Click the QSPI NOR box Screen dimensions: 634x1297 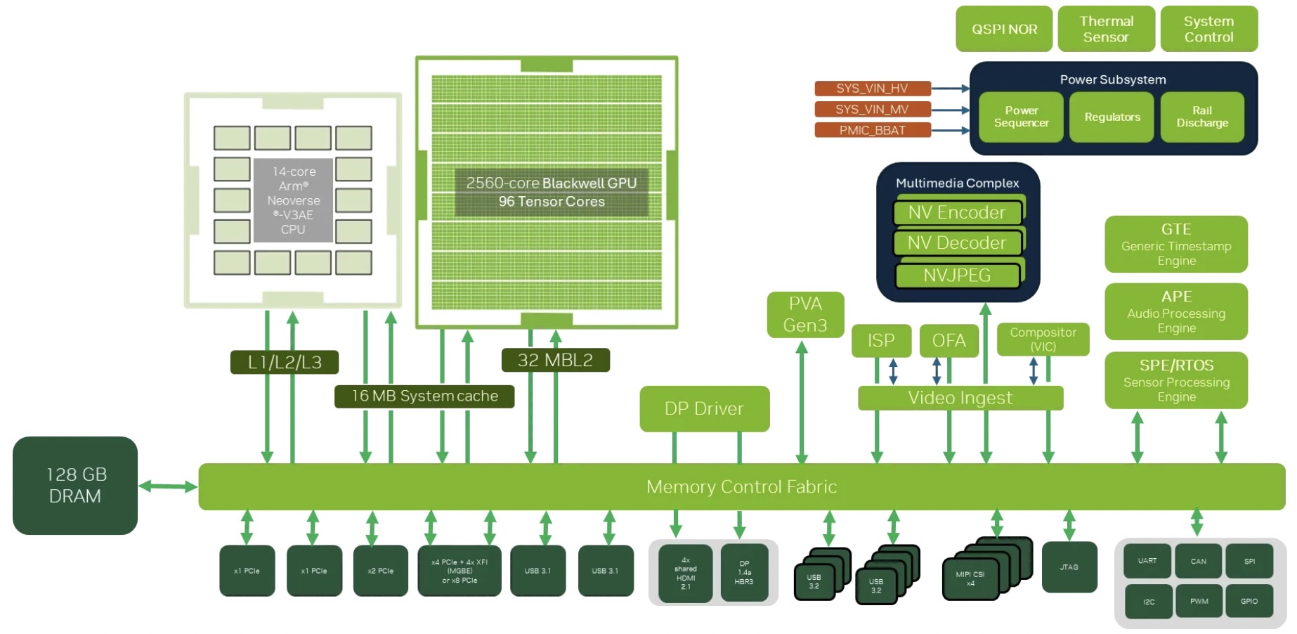(x=1003, y=29)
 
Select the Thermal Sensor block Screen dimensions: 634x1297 (x=1106, y=29)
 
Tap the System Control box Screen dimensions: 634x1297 (x=1208, y=29)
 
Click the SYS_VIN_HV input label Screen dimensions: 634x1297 (x=872, y=89)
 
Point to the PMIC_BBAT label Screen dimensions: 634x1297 (x=872, y=131)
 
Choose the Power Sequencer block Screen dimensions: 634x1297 (x=1021, y=117)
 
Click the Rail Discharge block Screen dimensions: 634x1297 (x=1202, y=117)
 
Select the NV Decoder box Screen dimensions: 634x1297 (x=956, y=243)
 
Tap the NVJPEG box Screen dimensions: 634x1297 (x=956, y=276)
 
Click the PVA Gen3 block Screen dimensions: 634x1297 (x=805, y=314)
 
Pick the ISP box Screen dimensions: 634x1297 (x=881, y=341)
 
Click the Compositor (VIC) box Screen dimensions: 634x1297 (x=1043, y=339)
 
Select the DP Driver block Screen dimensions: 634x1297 (x=704, y=408)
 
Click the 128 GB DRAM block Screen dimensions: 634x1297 (x=75, y=486)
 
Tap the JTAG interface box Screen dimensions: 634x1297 (x=1069, y=567)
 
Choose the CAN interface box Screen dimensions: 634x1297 (x=1198, y=561)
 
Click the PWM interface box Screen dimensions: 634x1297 (x=1199, y=602)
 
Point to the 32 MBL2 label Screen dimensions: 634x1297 (x=555, y=361)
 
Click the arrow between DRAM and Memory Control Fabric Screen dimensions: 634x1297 (x=168, y=486)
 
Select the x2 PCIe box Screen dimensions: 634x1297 (x=380, y=571)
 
